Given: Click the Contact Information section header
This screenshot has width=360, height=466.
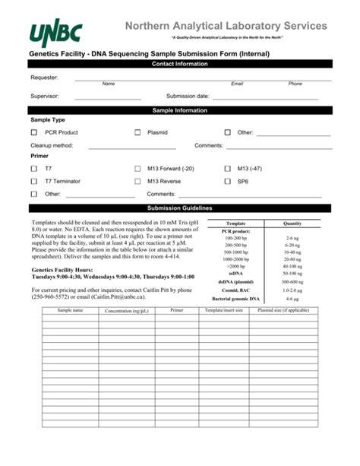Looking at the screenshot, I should pos(180,64).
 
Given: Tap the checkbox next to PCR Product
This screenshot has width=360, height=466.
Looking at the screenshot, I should pos(34,132).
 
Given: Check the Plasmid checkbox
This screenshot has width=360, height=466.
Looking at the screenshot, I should pos(137,132).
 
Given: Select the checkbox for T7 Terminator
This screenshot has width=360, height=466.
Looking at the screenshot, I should pos(34,182).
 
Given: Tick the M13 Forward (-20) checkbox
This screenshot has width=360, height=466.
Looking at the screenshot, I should pos(137,169).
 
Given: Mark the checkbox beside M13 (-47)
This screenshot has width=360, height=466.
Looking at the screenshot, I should pos(227,169).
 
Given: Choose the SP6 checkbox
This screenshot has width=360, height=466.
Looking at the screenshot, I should pos(227,182).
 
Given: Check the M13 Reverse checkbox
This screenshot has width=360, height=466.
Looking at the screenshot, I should pos(137,182).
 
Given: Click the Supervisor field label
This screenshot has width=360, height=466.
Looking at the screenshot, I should pos(45,97).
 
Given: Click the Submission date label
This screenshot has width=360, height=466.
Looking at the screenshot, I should pos(188,97).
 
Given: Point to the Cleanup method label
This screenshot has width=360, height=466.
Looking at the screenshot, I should pos(52,144).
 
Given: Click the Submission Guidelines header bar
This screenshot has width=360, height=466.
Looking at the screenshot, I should pos(180,208).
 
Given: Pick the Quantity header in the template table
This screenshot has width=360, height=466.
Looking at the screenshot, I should pos(292,223).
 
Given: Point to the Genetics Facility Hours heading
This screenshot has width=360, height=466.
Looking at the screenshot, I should pos(64,270).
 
